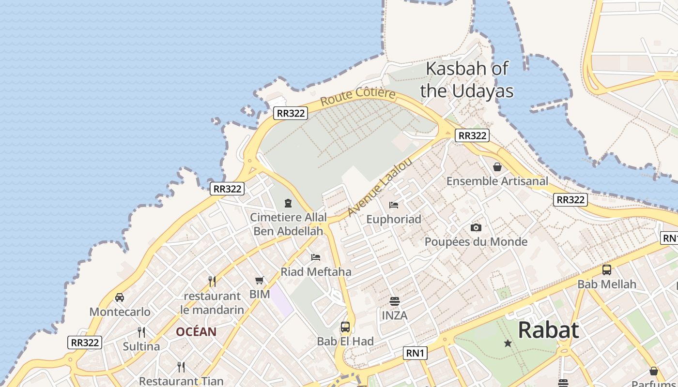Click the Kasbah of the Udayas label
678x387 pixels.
466,80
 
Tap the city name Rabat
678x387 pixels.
548,330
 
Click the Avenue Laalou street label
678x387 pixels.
380,187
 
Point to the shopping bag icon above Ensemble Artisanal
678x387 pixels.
497,167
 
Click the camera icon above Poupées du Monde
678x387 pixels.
476,227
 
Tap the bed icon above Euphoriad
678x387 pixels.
394,205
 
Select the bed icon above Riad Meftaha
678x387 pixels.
316,257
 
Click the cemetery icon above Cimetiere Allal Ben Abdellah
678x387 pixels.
288,203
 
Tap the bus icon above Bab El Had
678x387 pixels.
345,327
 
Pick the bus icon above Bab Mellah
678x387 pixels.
606,270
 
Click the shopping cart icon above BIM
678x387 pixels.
260,280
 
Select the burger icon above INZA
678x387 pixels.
394,301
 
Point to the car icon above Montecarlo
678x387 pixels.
120,298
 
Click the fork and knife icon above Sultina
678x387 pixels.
141,332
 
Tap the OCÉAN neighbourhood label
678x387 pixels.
196,332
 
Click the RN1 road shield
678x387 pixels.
415,353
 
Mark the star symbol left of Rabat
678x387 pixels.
508,343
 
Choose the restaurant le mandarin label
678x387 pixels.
212,303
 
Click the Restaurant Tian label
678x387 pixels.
181,381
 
